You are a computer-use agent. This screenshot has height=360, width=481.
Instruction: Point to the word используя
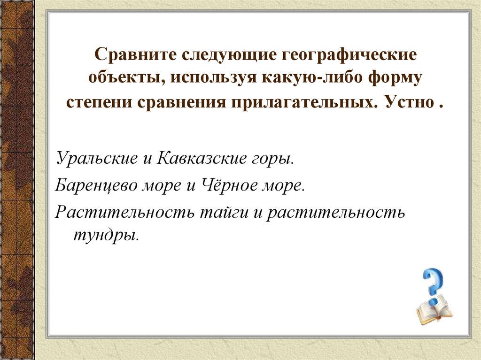coord(210,78)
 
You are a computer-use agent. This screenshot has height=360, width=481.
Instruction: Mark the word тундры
coord(104,234)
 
